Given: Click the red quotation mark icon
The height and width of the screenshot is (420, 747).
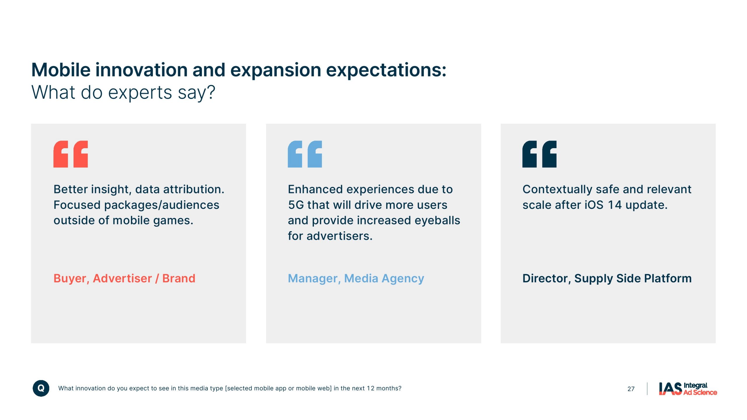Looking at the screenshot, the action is coord(70,154).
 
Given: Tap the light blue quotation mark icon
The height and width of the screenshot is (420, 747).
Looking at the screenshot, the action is coord(305,154).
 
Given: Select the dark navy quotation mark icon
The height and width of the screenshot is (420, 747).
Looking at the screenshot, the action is coord(539,154).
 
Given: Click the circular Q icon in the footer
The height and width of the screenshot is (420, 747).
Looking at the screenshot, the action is coord(41,388).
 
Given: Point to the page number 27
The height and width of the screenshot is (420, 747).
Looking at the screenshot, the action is coord(631,389).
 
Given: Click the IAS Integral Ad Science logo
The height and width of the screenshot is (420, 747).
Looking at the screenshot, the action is coord(688,389).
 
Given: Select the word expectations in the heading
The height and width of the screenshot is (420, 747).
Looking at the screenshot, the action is coord(386,71).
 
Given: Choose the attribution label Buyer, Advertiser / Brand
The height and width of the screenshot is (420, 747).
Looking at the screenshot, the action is coord(124,279).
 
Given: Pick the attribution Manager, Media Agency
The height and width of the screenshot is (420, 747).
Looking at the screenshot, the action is coord(356,279).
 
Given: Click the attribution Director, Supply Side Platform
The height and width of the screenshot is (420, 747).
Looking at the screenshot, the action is coord(607,279).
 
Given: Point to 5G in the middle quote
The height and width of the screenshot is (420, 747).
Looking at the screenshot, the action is coord(296,205).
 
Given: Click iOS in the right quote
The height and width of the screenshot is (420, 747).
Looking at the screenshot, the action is coord(594,205).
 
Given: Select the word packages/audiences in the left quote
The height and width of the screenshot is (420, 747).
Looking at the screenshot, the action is coord(162,205).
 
